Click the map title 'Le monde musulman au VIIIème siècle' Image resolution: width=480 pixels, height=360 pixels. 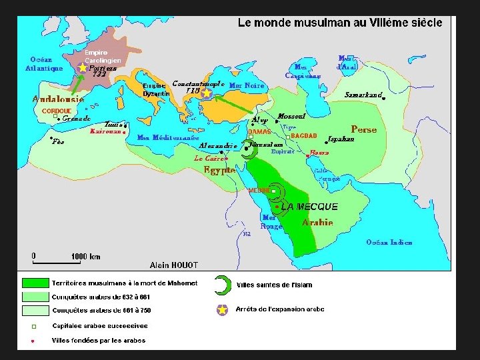[x=340, y=23]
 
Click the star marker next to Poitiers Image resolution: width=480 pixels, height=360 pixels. [x=82, y=67]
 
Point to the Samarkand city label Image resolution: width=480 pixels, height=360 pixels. [x=363, y=95]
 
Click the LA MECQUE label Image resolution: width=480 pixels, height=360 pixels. [x=309, y=207]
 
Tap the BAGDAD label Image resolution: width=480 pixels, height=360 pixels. [x=303, y=136]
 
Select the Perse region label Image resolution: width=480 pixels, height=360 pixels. [x=363, y=129]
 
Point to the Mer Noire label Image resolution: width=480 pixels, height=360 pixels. [x=247, y=86]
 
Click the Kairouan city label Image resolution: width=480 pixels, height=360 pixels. [x=105, y=132]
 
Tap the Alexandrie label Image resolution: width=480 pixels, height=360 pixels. [x=218, y=145]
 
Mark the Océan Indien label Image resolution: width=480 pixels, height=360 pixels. [x=389, y=242]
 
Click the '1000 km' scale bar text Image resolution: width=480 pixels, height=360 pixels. [x=85, y=256]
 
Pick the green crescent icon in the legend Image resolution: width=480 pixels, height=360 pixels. [x=221, y=285]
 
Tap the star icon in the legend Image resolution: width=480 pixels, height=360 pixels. [x=222, y=310]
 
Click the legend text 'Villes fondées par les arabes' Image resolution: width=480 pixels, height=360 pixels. [x=98, y=340]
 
